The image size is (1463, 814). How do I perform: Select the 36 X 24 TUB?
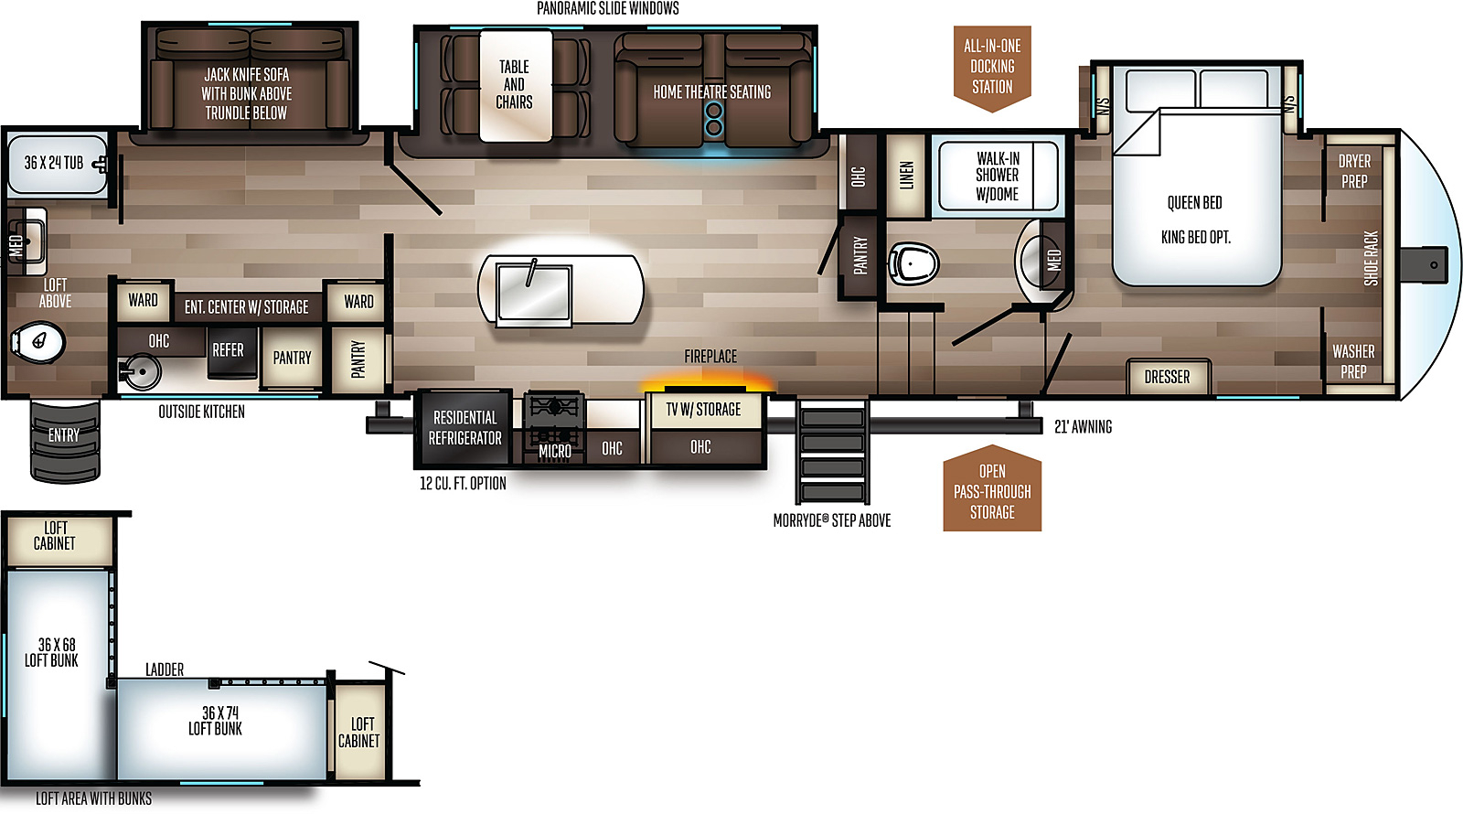click(58, 164)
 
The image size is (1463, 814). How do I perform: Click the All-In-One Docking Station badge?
click(992, 68)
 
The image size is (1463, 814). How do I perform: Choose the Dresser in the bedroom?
click(1169, 376)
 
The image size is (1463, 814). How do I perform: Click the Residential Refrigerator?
click(465, 428)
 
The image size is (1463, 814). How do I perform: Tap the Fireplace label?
click(710, 356)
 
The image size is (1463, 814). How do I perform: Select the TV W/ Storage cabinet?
click(703, 410)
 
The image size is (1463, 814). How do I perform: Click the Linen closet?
click(906, 175)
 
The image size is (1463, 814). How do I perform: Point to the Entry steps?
click(65, 441)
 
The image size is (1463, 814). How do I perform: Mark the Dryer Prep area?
click(1353, 171)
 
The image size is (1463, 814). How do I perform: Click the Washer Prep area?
click(1353, 360)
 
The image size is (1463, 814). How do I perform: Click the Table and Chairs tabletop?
click(516, 86)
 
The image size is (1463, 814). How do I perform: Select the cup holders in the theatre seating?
click(714, 118)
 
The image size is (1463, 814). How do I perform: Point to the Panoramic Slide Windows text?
click(607, 8)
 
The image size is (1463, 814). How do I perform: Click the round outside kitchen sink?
click(140, 371)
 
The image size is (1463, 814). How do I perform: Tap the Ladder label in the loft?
click(165, 669)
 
